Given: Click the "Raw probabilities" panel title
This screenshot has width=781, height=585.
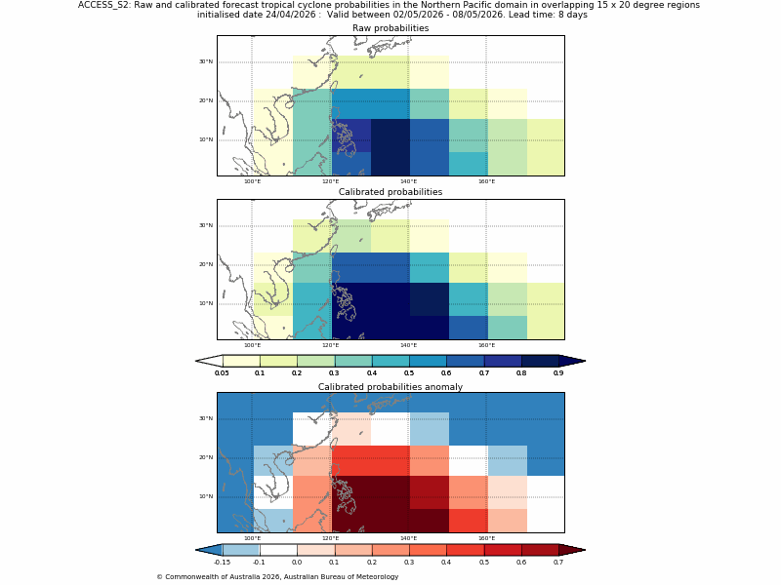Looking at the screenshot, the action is (x=390, y=28).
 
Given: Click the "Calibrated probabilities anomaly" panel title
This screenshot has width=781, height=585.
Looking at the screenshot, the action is (x=390, y=387).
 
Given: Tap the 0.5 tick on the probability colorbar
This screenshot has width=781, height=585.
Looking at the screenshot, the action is (x=409, y=373).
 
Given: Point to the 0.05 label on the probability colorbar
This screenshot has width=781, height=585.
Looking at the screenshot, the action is (x=222, y=373).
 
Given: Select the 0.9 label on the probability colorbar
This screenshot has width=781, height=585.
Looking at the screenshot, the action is (x=558, y=373).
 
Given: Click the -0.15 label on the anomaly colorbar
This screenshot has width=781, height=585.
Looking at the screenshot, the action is (x=222, y=563).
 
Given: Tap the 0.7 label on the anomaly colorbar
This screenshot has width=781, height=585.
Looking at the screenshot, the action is (x=558, y=563).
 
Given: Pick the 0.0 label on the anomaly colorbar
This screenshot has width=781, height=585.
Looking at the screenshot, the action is (x=297, y=563).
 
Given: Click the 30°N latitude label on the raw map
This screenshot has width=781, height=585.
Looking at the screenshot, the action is (x=206, y=61).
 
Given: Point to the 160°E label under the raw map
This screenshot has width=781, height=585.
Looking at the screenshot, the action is (x=486, y=181).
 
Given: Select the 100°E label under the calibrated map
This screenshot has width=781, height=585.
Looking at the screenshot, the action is (x=252, y=345).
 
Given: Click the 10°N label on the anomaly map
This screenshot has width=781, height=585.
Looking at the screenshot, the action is (x=206, y=496).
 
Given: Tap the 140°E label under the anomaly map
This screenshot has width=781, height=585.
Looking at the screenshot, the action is (x=408, y=538).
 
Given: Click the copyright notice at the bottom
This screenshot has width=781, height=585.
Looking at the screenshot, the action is (x=277, y=577).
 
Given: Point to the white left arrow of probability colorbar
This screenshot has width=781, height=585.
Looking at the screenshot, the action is (x=209, y=361).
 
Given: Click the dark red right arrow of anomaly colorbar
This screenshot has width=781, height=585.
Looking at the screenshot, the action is (x=572, y=550).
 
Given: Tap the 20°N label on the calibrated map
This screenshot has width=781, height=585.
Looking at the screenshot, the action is (x=206, y=264).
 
